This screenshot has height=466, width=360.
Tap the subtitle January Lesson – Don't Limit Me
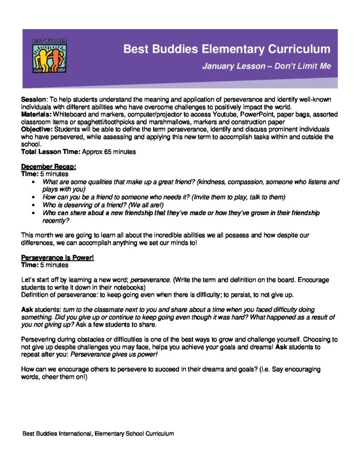tap(267, 66)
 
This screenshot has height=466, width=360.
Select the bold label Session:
tap(34, 99)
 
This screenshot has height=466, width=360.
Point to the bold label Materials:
tap(36, 114)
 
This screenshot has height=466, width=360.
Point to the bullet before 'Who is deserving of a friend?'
tap(35, 205)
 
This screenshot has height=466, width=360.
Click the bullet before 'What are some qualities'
tap(35, 182)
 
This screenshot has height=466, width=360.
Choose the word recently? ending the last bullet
tap(56, 220)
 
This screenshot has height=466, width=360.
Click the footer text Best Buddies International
tap(57, 434)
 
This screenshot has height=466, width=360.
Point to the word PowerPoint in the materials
tap(238, 114)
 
